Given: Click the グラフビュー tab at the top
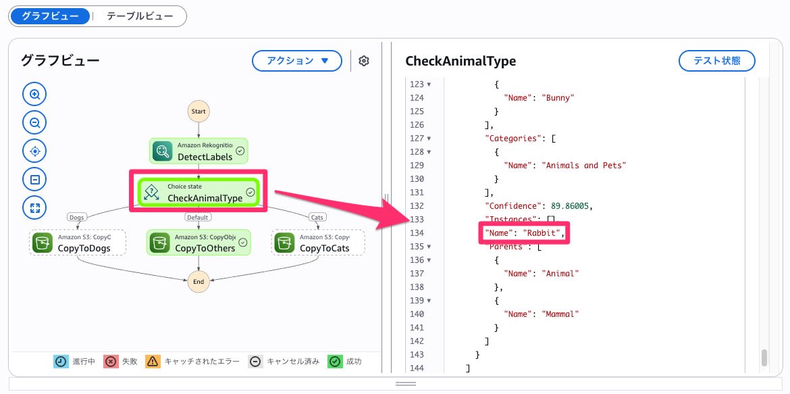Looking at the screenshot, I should pos(50,16).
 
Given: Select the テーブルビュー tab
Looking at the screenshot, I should pos(138,16).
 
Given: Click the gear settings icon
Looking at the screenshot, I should pos(364,61).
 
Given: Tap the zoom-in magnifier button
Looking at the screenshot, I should pos(34,94).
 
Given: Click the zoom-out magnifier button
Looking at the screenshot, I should pos(34,122).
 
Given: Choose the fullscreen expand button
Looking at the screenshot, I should pos(34,207).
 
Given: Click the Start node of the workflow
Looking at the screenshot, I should pos(199,112).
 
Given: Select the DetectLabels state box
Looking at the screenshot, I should pos(199,151).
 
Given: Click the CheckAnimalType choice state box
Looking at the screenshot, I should pos(199,192).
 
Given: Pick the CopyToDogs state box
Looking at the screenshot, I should pos(79,242).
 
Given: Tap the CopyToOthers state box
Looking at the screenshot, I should pos(199,242).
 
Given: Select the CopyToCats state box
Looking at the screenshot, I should pos(318,242).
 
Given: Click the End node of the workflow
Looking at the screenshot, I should pos(199,282).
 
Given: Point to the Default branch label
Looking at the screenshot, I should pos(197,218).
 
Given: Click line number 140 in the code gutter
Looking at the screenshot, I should pos(417,314).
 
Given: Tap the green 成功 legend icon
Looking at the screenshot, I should pos(334,362).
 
